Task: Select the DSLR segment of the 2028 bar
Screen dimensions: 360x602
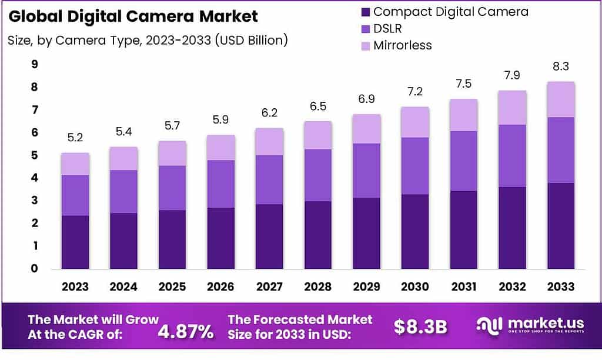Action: [317, 175]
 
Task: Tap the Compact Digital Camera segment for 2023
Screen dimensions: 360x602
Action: [75, 242]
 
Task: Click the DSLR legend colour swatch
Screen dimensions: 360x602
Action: [364, 28]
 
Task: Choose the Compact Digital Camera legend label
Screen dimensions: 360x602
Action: [451, 12]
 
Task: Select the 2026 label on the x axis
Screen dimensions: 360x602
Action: [220, 287]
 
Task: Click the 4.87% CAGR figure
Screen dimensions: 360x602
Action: [186, 332]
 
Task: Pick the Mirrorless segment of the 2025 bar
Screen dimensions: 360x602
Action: [172, 153]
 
